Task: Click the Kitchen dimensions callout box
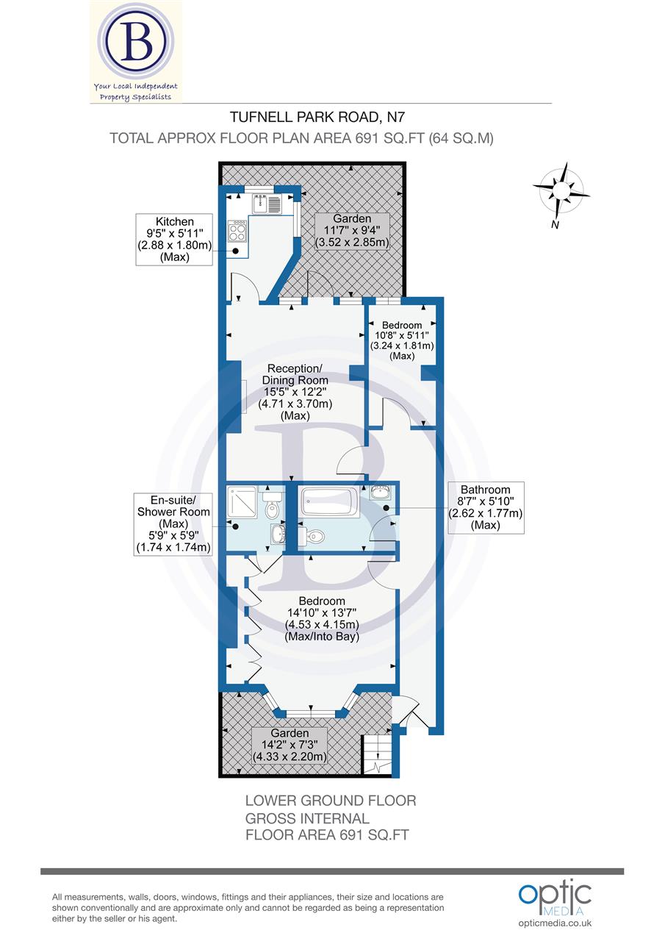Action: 174,239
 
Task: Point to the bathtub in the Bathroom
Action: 330,504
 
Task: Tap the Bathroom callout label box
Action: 485,507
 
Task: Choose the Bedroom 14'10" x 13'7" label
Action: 322,619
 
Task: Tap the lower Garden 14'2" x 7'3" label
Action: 290,745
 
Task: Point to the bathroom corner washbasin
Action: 381,493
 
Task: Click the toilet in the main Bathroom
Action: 312,536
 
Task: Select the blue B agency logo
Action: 136,44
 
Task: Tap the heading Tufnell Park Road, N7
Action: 317,116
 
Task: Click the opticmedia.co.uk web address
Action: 556,923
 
